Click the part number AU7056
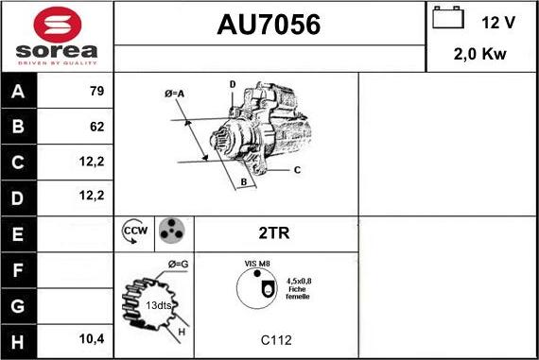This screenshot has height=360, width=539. (269, 26)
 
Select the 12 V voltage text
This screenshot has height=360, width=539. (496, 22)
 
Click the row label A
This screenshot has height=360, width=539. (19, 93)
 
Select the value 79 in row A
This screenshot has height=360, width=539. (96, 93)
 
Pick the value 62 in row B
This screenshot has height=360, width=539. (97, 127)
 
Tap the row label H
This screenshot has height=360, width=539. (19, 338)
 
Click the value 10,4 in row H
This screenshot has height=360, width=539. (92, 338)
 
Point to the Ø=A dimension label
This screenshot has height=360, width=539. (174, 93)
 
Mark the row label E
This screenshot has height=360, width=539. (19, 231)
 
